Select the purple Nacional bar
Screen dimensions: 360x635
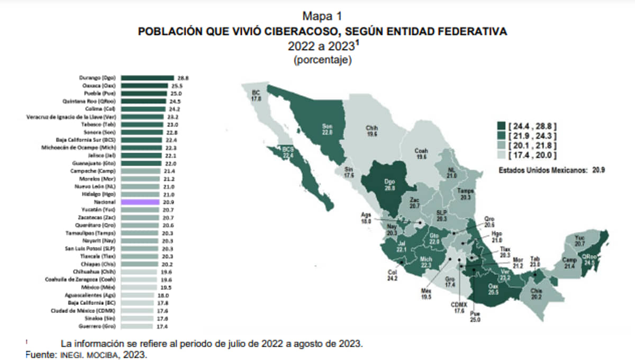(140, 202)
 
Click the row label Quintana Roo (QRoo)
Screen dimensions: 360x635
(95, 101)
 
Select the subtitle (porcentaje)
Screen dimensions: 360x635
(322, 60)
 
